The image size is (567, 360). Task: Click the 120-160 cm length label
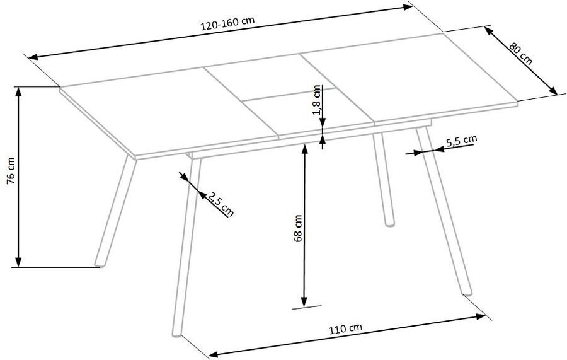click(227, 23)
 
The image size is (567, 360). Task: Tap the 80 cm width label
click(521, 54)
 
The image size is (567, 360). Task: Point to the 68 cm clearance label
click(298, 228)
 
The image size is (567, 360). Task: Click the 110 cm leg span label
click(345, 328)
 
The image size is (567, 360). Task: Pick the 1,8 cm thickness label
click(317, 100)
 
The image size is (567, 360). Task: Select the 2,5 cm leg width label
click(220, 204)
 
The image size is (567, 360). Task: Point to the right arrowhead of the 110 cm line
click(481, 317)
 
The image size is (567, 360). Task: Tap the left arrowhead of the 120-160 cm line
click(33, 57)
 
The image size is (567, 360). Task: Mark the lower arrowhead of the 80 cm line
click(553, 90)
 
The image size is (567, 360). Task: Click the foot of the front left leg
click(177, 334)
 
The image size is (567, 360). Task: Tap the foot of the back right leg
click(389, 224)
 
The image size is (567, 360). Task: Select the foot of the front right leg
click(467, 293)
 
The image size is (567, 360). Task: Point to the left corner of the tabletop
click(60, 87)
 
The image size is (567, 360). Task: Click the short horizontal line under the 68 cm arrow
click(307, 308)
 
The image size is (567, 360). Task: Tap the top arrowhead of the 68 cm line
click(305, 149)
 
